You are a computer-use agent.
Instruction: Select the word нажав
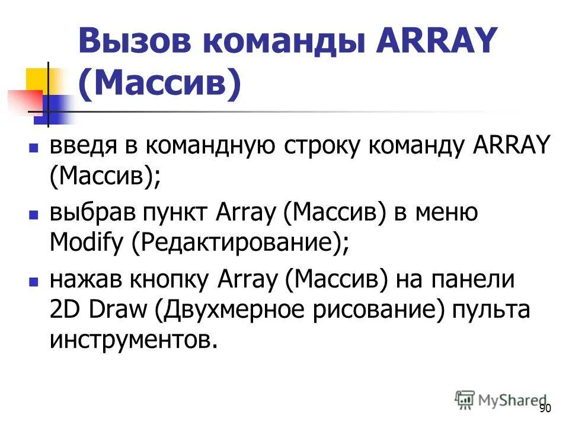click(x=78, y=279)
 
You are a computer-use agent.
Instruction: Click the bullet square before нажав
click(x=34, y=279)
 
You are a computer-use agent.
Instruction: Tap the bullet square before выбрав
click(x=34, y=212)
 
